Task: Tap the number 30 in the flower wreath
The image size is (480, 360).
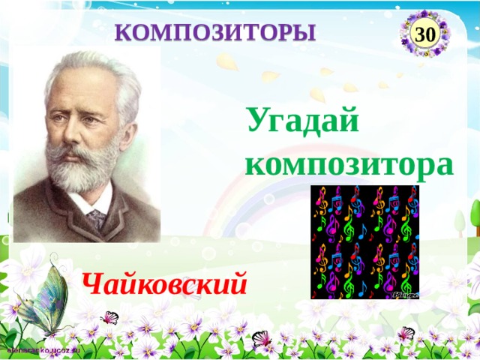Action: [425, 34]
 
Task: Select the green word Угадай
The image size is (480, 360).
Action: [303, 120]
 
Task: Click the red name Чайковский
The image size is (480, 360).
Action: [165, 283]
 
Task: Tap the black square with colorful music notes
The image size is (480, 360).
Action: [365, 241]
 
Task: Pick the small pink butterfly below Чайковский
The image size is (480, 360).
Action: [110, 317]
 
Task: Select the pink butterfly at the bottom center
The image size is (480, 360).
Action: [262, 337]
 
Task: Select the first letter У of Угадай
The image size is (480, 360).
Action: [259, 120]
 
